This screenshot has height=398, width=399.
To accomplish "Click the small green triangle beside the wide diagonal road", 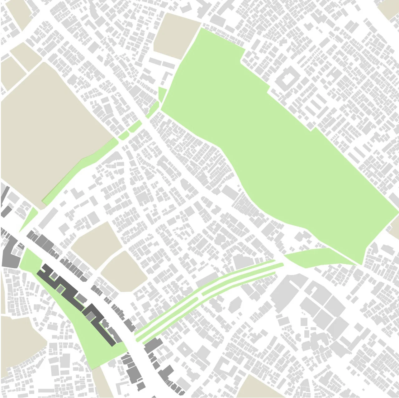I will click(x=29, y=220).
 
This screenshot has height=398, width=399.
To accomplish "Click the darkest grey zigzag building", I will click(x=78, y=296).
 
